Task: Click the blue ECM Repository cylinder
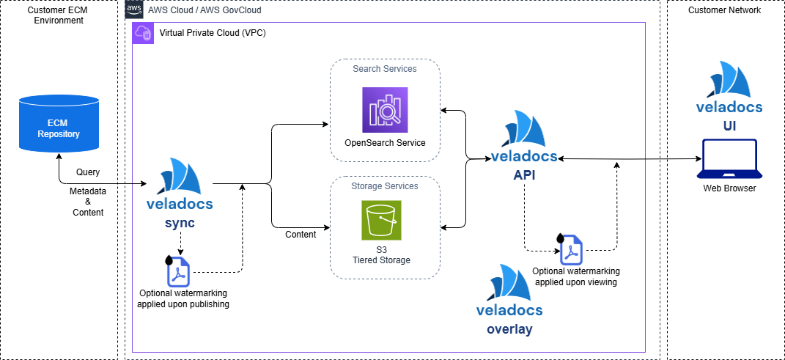pos(59,122)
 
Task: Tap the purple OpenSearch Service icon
pos(385,110)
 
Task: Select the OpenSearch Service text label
pos(385,144)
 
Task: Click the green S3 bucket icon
pos(381,221)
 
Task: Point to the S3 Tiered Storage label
pos(381,255)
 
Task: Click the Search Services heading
pos(385,69)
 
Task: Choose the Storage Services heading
pos(385,186)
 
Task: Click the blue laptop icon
pos(729,159)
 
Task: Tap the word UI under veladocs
pos(729,126)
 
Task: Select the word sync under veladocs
pos(180,223)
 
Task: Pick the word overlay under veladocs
pos(509,329)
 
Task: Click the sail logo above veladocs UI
pos(729,80)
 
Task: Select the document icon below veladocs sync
pos(179,271)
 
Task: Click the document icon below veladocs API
pos(572,250)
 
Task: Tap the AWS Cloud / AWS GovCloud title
pos(204,10)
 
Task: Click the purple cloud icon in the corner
pos(143,33)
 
